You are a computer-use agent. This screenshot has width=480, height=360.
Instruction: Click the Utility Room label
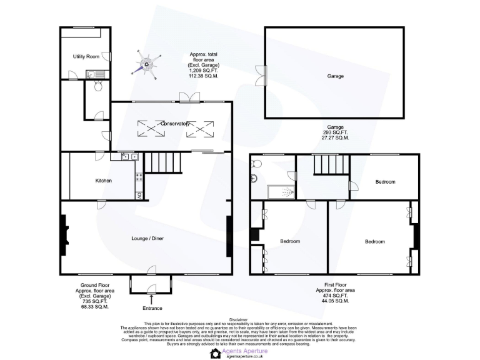click(86, 57)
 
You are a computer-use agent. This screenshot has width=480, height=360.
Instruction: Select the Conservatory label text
click(175, 124)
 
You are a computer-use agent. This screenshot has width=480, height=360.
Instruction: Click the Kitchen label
click(103, 181)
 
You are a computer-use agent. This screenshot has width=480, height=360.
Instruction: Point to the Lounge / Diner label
click(147, 238)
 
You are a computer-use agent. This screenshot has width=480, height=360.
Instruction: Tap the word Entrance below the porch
click(152, 308)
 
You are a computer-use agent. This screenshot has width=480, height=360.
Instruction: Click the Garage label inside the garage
click(336, 76)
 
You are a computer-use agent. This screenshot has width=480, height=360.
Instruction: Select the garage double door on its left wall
click(265, 75)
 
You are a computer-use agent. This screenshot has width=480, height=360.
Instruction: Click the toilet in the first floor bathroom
click(256, 164)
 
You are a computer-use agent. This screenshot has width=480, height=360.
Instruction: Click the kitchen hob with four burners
click(139, 177)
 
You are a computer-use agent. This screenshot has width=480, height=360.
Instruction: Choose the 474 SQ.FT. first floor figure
click(336, 295)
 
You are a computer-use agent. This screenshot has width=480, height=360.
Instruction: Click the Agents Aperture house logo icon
click(216, 353)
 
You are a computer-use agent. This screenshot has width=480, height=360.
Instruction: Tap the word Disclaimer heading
click(239, 319)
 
